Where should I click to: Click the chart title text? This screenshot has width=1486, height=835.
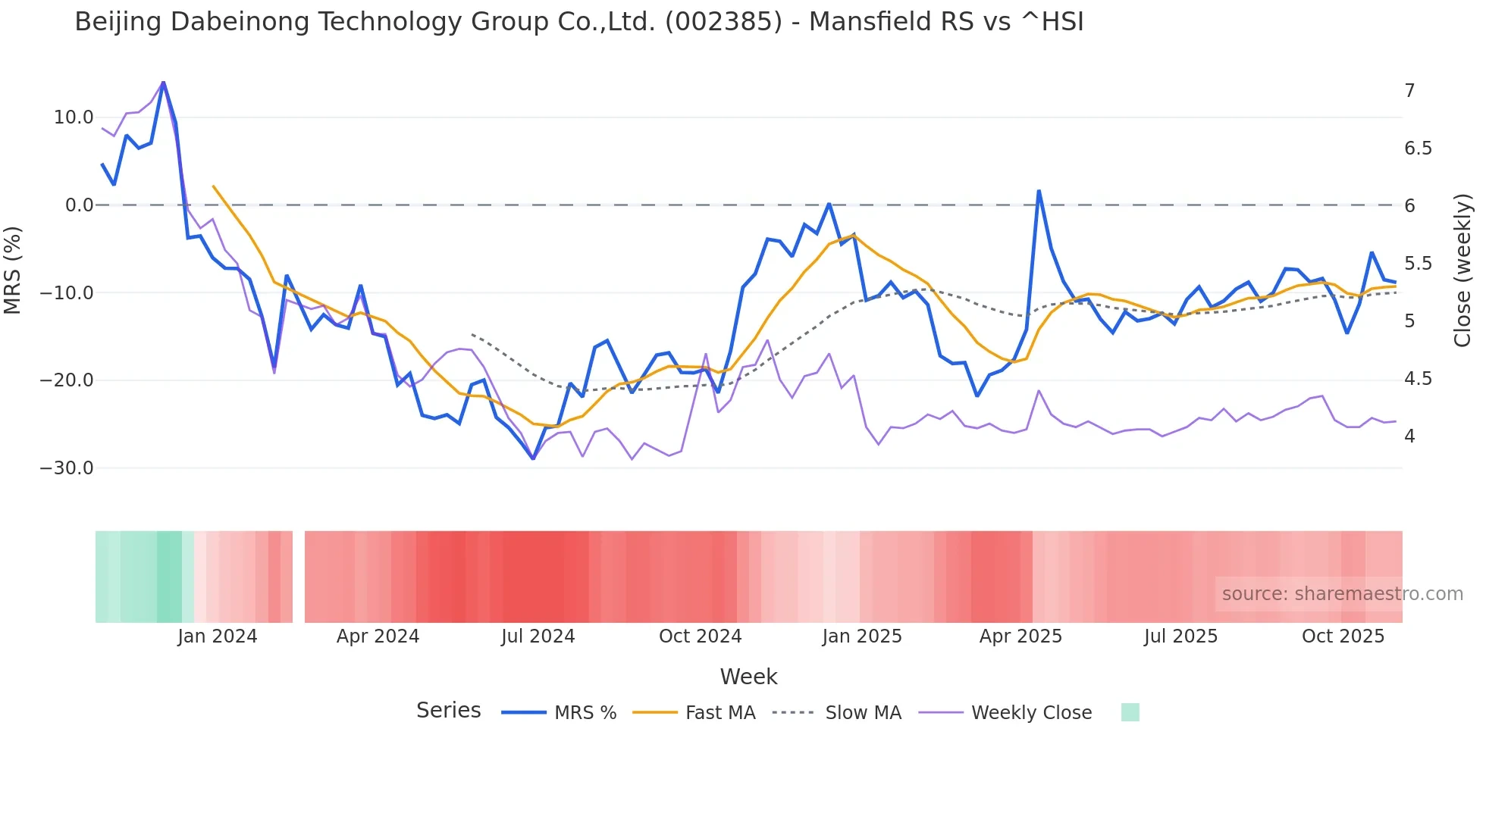point(578,22)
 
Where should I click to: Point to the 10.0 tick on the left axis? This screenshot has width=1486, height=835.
point(74,117)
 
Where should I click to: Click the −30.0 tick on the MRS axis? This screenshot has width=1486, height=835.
point(67,468)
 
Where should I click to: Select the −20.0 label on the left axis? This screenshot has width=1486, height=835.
point(67,380)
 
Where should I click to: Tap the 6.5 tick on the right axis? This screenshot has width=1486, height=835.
point(1418,149)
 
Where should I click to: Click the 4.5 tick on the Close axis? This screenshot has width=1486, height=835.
point(1418,379)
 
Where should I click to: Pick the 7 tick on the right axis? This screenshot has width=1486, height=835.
point(1409,91)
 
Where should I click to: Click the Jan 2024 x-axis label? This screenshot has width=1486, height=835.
point(218,636)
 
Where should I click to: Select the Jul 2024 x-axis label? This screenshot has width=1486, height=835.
point(538,636)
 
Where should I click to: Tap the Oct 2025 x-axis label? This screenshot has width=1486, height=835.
point(1343,636)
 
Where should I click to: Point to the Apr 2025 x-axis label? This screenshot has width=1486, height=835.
point(1020,636)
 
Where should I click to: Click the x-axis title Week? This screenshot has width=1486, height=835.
point(748,677)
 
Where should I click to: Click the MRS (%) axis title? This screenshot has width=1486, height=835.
point(13,271)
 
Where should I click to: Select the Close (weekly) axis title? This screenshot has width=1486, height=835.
point(1462,271)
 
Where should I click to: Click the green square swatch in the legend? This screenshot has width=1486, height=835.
point(1130,712)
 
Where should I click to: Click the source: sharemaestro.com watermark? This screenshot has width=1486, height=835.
point(1342,594)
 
